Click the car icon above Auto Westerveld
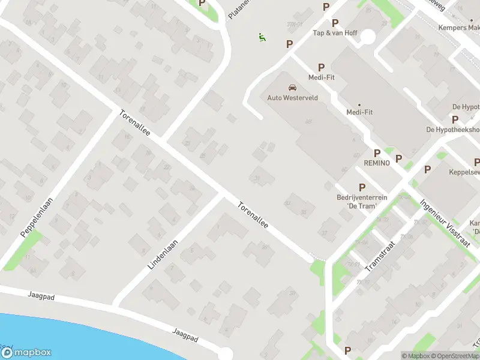tap(292, 87)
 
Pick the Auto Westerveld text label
tap(292, 97)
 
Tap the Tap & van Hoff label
tap(335, 33)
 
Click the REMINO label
tap(377, 163)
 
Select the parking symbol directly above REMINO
tap(377, 153)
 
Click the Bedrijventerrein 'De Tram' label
tap(362, 202)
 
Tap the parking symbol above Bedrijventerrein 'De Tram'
tap(362, 188)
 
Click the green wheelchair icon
tap(262, 37)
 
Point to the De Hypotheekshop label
tap(453, 130)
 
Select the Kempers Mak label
tap(459, 28)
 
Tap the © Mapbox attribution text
tap(416, 356)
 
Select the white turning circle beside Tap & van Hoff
tap(367, 37)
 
